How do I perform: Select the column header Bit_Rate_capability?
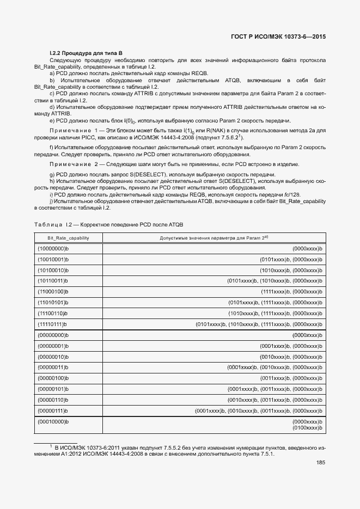[x=68, y=238]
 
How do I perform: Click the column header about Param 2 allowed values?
[x=213, y=238]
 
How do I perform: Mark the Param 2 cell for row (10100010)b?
[x=291, y=271]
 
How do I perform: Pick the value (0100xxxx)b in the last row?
[x=308, y=428]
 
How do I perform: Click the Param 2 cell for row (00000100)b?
[x=291, y=378]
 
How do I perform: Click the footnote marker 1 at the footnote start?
[x=51, y=446]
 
